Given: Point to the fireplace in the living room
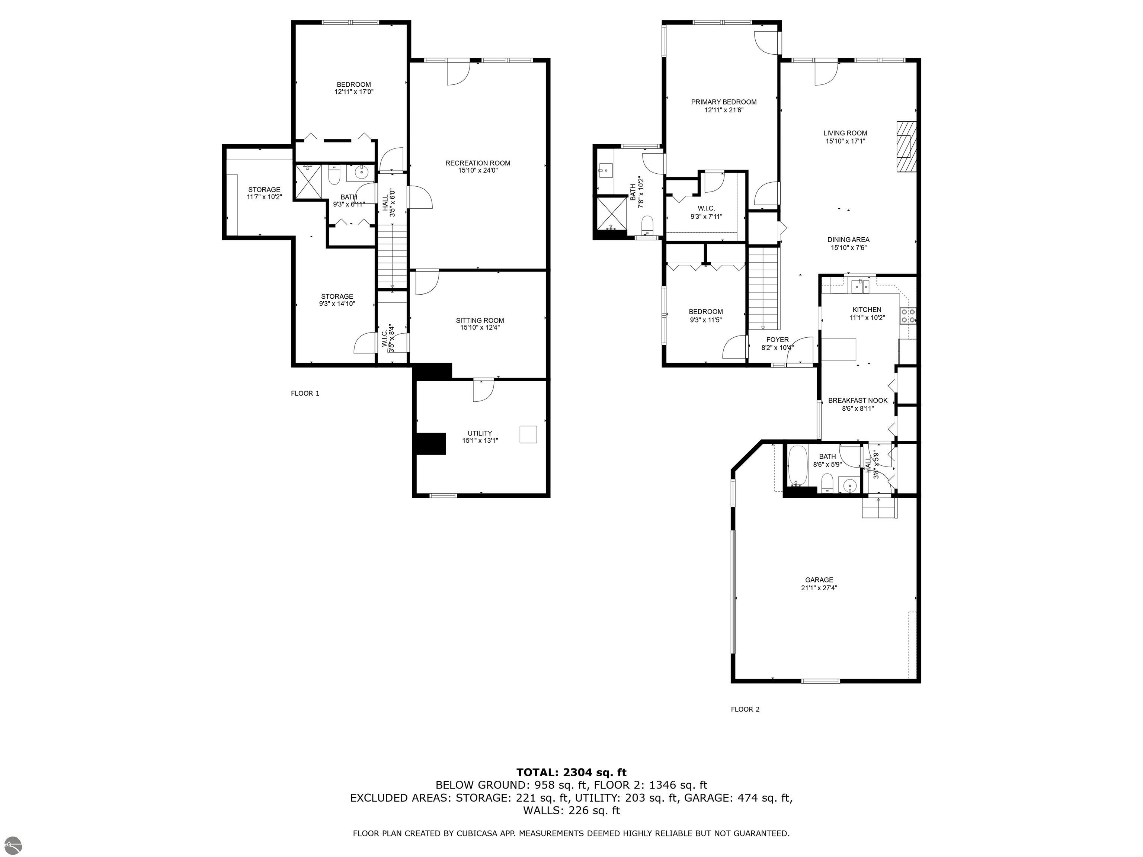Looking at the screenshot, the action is pos(906,146).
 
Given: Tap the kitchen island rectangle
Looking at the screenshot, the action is pos(838,349).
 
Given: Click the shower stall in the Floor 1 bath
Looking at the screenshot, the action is pos(308,181).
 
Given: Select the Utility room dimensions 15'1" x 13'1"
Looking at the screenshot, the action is pos(480,441).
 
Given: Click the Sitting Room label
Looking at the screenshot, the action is pos(480,320).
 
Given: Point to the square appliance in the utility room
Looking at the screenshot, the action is pos(528,434).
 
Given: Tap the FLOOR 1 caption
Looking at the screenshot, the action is pos(305,394).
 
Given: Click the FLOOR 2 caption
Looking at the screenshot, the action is pos(745,709).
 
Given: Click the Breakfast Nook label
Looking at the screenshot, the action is pos(858,400).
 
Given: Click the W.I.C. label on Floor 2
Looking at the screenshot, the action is pos(706,208).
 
